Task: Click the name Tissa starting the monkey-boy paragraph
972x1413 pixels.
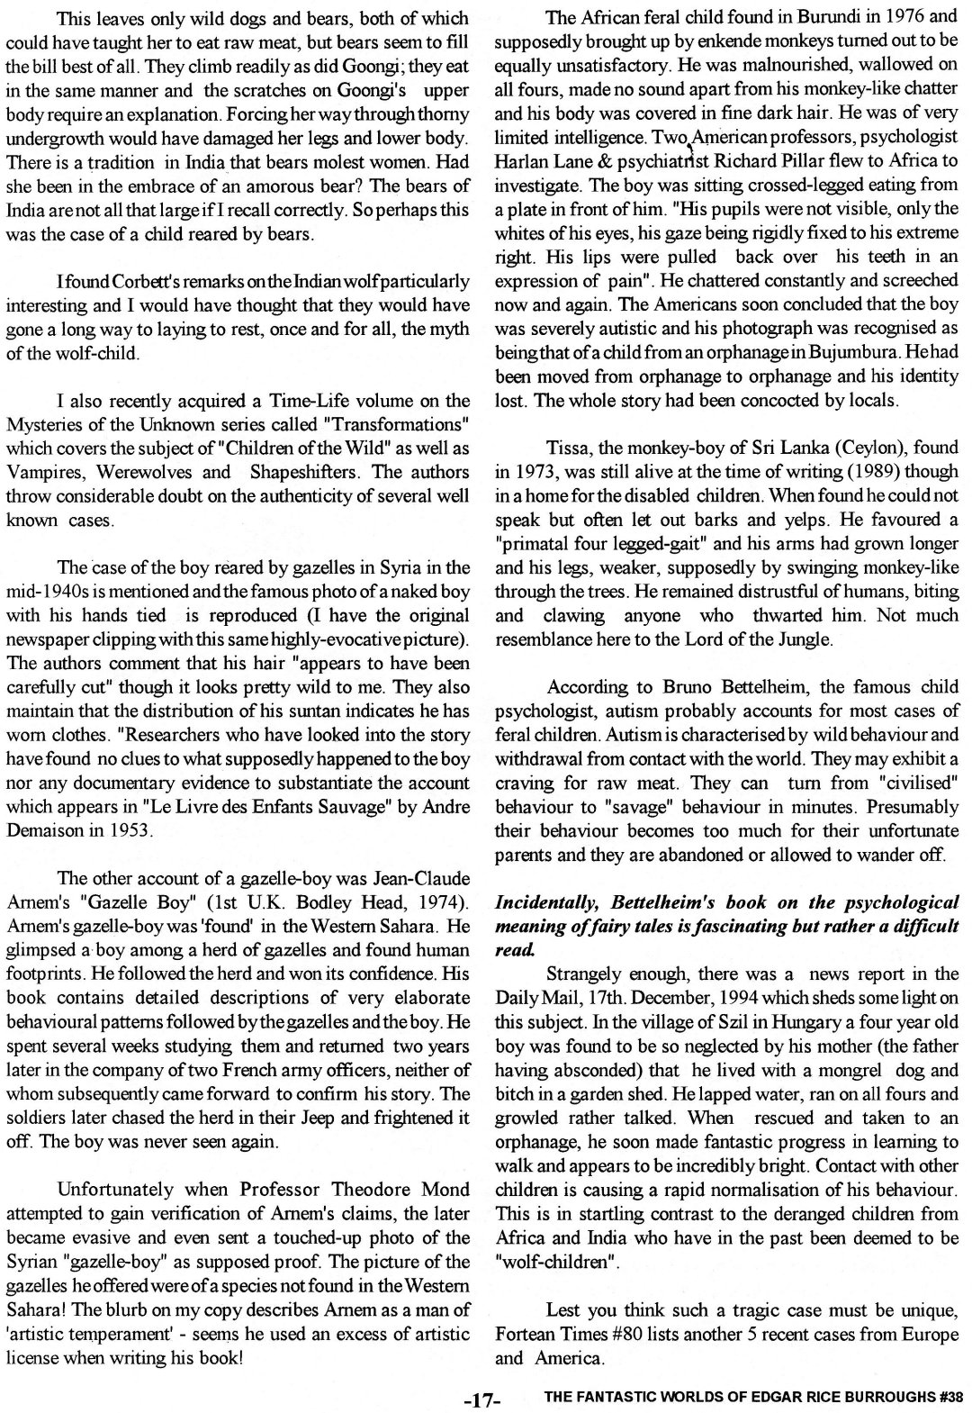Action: pos(566,448)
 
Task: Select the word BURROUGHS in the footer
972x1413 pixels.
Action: pos(883,1398)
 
